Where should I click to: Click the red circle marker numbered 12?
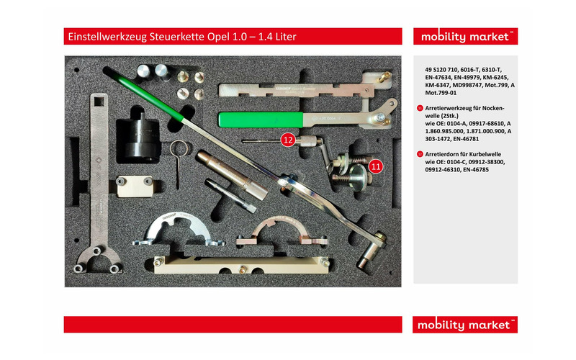coord(288,140)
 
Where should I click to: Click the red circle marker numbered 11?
coord(375,166)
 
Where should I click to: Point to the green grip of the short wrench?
coord(257,120)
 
